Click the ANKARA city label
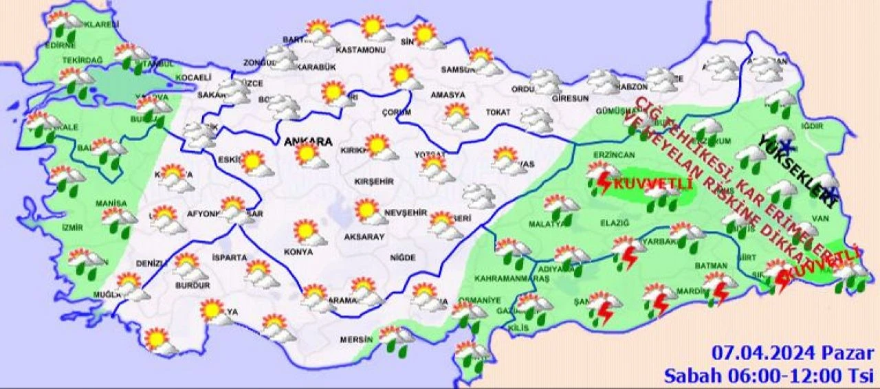[x=307, y=142]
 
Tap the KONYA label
[x=298, y=252]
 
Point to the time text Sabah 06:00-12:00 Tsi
[x=769, y=375]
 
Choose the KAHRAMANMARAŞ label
[x=511, y=278]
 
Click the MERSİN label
[x=356, y=340]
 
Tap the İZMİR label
[x=72, y=227]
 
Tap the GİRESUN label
[x=570, y=98]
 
